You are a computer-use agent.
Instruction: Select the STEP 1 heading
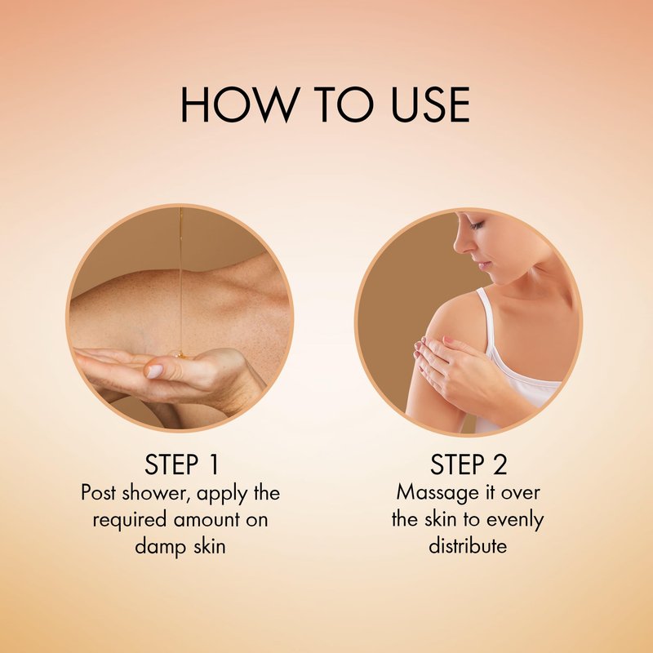coord(181,464)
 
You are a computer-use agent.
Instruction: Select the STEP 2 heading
coord(469,464)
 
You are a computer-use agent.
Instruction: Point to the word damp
coord(160,546)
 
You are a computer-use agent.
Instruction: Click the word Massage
coord(433,493)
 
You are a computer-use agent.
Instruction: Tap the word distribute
coord(468,545)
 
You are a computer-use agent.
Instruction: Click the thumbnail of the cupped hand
coord(180,318)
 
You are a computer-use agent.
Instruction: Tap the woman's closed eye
coord(478,225)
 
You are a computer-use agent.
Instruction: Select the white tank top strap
coord(486,317)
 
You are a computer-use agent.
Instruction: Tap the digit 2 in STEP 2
coord(500,464)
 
